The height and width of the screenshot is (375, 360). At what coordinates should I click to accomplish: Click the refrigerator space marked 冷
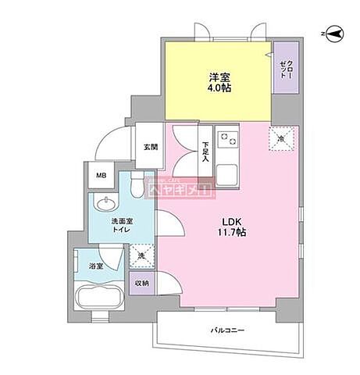point(282,137)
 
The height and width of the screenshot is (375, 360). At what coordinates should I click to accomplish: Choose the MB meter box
point(101,176)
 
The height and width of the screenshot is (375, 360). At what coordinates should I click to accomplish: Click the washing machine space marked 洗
point(141,257)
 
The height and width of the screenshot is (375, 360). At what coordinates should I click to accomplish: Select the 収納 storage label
point(141,283)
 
